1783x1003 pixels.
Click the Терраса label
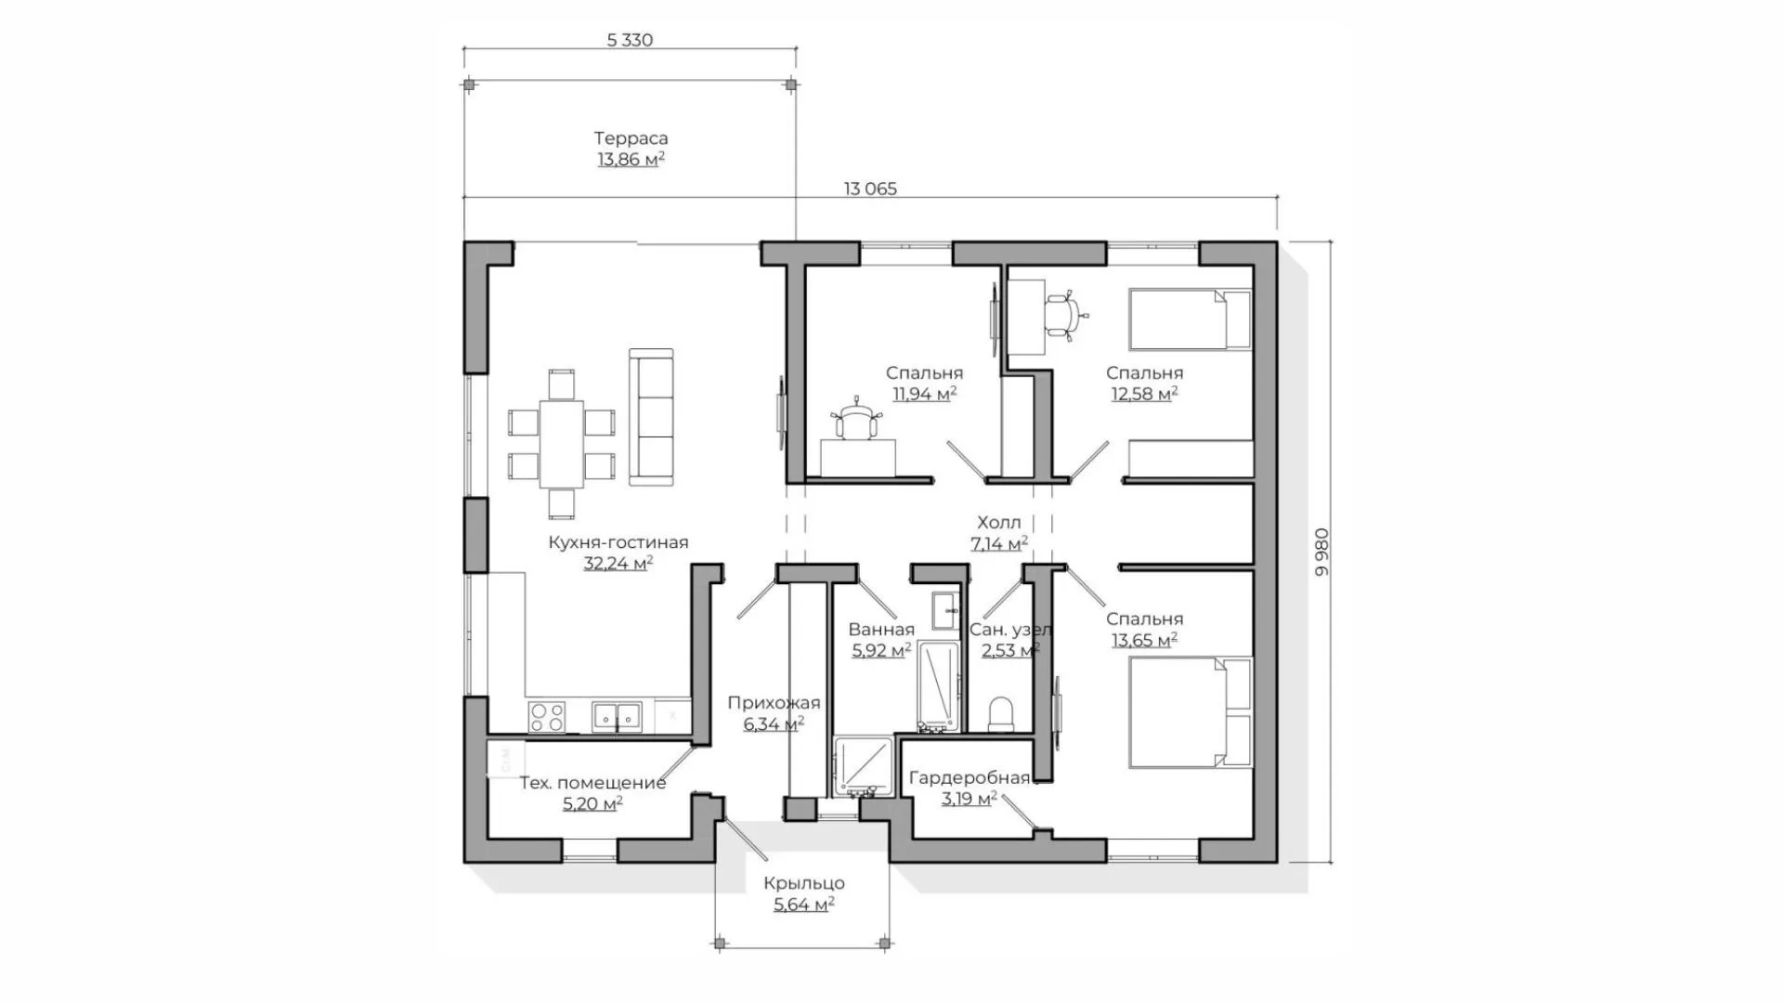point(631,138)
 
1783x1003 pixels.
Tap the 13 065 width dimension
point(870,189)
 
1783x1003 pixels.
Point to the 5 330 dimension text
point(630,40)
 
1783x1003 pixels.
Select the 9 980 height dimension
point(1322,552)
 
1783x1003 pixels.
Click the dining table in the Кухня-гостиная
point(562,444)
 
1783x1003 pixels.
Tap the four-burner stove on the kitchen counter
point(547,717)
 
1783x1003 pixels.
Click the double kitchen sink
point(617,716)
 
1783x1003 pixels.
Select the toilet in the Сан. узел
point(1001,715)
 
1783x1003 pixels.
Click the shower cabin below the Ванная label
point(863,767)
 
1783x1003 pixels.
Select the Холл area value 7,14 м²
point(999,543)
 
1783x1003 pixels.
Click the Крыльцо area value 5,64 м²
point(804,904)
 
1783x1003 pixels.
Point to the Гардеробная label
point(970,778)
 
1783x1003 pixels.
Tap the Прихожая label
point(774,703)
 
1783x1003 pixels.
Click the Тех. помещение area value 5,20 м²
point(592,803)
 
